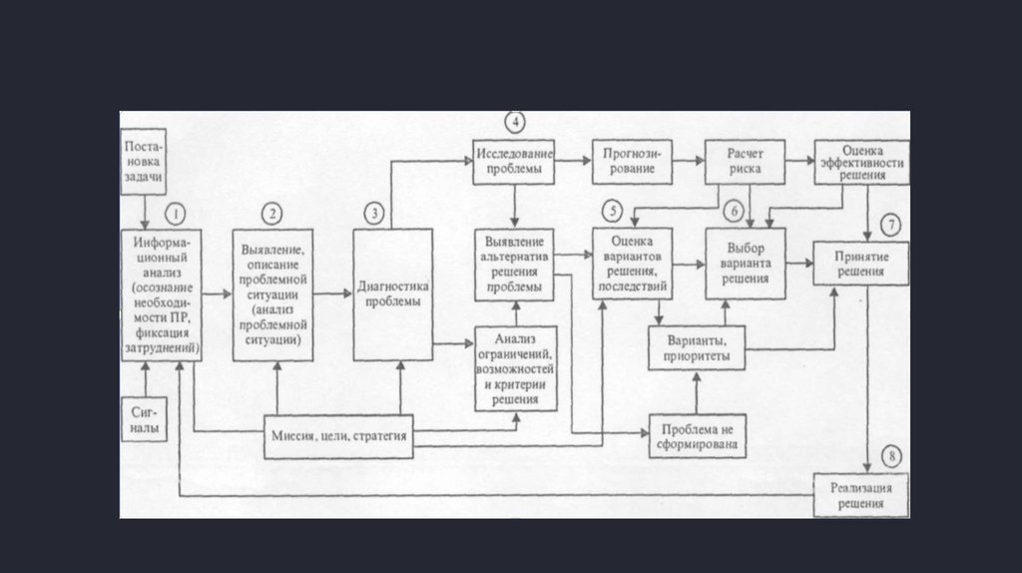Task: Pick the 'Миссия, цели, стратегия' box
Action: click(x=338, y=436)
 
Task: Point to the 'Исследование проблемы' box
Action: click(x=514, y=163)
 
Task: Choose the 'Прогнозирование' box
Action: click(x=633, y=162)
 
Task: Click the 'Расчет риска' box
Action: click(x=745, y=163)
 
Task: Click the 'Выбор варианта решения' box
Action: click(x=745, y=264)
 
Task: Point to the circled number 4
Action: click(x=514, y=123)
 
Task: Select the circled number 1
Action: click(x=176, y=214)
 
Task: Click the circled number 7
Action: click(x=891, y=223)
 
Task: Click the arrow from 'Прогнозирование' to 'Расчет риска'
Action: click(x=689, y=159)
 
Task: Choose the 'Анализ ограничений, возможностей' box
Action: click(x=515, y=368)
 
